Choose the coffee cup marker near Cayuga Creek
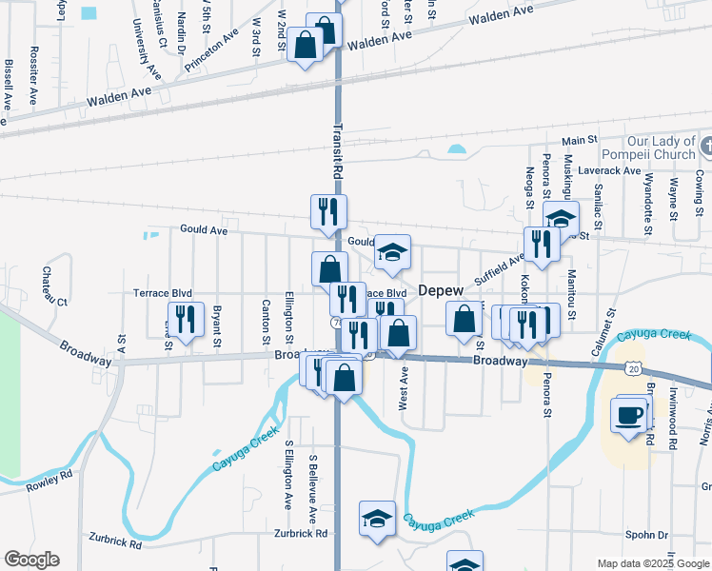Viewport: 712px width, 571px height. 630,415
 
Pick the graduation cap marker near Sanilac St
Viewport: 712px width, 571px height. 562,218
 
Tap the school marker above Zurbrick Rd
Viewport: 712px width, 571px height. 378,519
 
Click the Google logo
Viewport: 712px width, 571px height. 31,560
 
